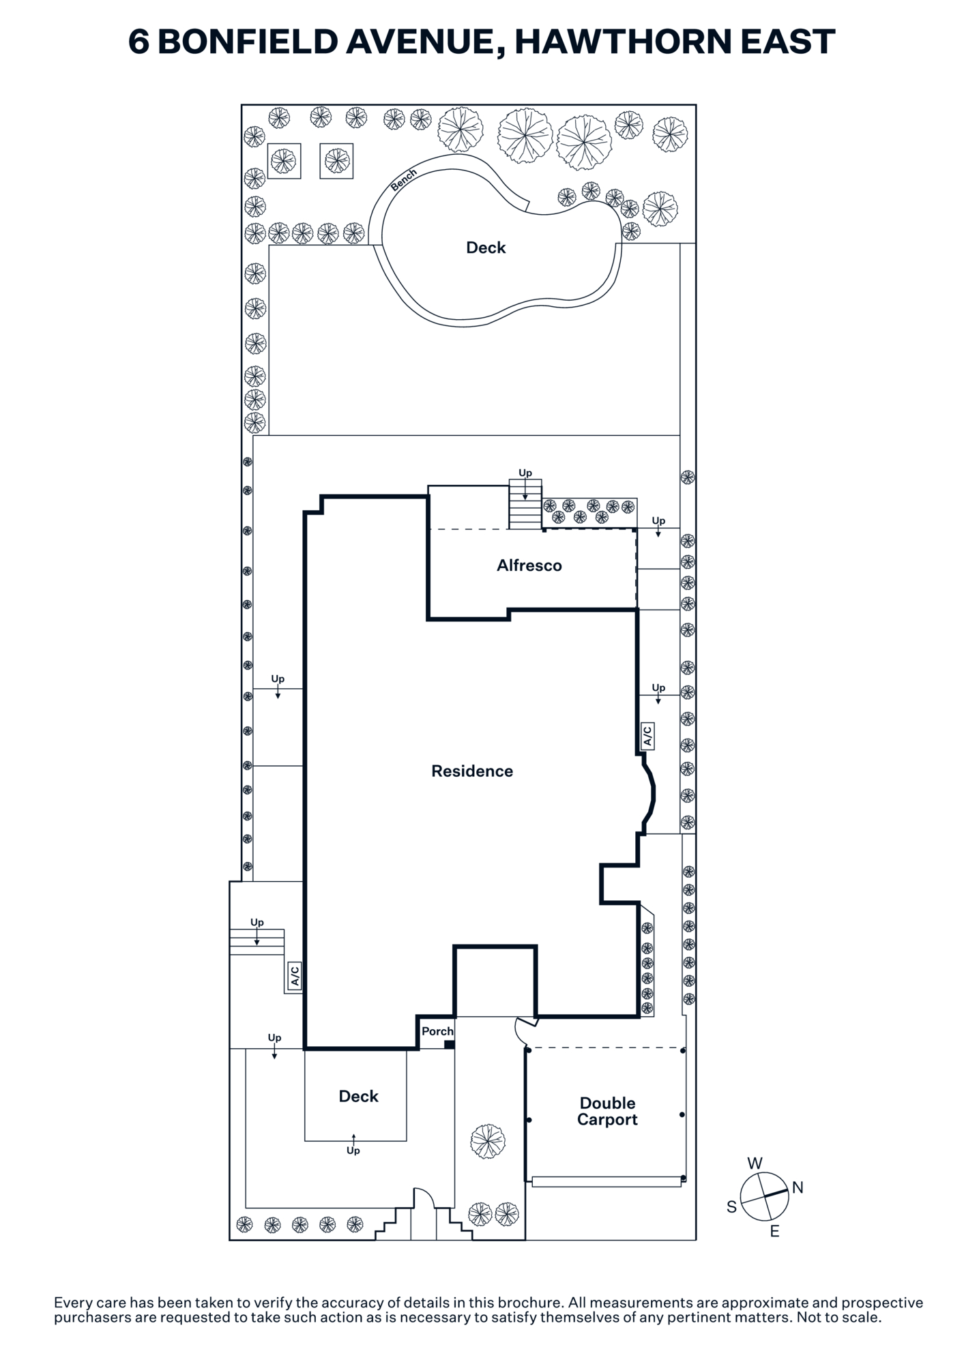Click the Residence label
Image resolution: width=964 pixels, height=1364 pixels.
(x=472, y=771)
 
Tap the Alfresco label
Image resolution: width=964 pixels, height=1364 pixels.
(x=529, y=565)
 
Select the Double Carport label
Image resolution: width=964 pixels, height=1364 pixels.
(x=607, y=1111)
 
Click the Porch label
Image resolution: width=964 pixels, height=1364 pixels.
(x=437, y=1031)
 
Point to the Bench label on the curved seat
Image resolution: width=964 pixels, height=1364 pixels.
(x=403, y=180)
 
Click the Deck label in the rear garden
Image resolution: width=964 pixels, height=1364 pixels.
(x=486, y=248)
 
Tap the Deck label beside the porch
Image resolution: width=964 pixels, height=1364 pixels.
(x=358, y=1096)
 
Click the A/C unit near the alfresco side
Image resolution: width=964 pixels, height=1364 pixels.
(x=647, y=736)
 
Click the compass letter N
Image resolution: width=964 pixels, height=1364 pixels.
(x=798, y=1187)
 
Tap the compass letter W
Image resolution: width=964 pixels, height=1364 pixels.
(x=755, y=1163)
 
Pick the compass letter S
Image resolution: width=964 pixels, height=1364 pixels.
(x=731, y=1206)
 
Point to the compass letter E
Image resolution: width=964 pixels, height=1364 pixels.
(x=774, y=1231)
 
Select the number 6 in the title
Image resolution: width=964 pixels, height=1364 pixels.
(x=138, y=42)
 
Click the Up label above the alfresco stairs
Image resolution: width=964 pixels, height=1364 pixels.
(x=525, y=473)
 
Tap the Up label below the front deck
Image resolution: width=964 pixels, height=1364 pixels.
(x=353, y=1151)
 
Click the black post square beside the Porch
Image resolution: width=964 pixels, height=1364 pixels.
(x=449, y=1044)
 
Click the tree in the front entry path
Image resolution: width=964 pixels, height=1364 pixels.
(x=488, y=1141)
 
